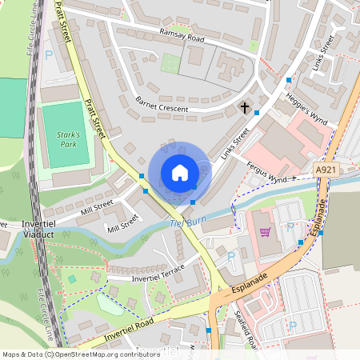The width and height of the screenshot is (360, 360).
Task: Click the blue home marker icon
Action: pyautogui.click(x=180, y=173)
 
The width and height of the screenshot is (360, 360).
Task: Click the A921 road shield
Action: pyautogui.click(x=326, y=170)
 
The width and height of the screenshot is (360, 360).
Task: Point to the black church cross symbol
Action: pyautogui.click(x=244, y=106)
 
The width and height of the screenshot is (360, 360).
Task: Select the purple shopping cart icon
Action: pyautogui.click(x=265, y=232)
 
